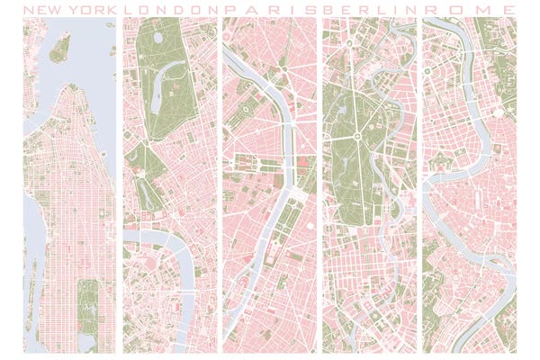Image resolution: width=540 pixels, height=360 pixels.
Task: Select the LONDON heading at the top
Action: click(170, 8)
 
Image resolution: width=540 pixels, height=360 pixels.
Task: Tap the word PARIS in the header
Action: click(271, 8)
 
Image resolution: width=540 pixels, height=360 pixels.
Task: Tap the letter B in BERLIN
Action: click(330, 8)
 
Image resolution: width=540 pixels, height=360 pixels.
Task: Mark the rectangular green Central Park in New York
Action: click(88, 306)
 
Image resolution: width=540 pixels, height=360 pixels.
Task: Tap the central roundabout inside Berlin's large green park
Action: click(356, 138)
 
